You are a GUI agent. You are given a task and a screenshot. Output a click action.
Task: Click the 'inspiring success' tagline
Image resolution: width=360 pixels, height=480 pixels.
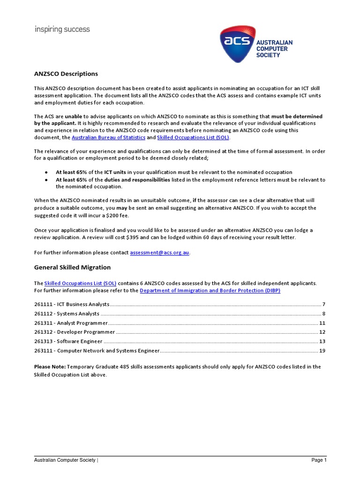[x=62, y=30]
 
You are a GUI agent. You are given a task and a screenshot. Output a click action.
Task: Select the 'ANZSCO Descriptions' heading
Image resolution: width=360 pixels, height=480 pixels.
[x=66, y=74]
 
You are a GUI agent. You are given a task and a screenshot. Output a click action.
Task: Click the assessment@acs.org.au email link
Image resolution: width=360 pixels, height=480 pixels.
[x=159, y=252]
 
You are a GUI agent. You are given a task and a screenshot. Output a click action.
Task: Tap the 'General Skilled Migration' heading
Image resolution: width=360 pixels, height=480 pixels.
[x=72, y=267]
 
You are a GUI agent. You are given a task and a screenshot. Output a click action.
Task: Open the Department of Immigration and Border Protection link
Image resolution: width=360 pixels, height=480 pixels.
[x=210, y=290]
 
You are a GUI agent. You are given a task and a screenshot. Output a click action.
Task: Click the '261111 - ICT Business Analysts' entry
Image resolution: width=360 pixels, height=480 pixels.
[x=72, y=304]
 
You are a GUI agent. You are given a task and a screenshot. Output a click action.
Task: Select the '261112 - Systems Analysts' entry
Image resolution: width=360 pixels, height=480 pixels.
[x=67, y=314]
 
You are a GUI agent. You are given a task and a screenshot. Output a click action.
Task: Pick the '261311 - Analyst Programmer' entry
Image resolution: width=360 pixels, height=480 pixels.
[x=71, y=323]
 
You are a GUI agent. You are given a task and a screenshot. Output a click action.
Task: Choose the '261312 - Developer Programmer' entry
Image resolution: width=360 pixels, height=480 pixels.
[x=75, y=332]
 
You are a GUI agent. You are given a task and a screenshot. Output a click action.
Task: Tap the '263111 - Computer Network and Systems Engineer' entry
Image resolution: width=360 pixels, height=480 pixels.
[x=97, y=351]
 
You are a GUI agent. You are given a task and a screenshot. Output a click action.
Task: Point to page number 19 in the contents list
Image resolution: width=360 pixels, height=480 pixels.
[x=322, y=351]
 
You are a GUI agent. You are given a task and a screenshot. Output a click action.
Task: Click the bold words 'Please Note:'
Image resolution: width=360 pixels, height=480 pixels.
[x=50, y=367]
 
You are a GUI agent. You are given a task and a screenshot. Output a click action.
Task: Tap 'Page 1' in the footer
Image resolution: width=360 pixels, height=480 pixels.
[x=319, y=460]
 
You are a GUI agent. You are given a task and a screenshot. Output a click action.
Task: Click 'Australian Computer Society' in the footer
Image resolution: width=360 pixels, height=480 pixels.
[x=65, y=460]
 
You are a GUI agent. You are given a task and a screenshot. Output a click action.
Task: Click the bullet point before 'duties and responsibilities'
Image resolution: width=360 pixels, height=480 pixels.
[x=46, y=180]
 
